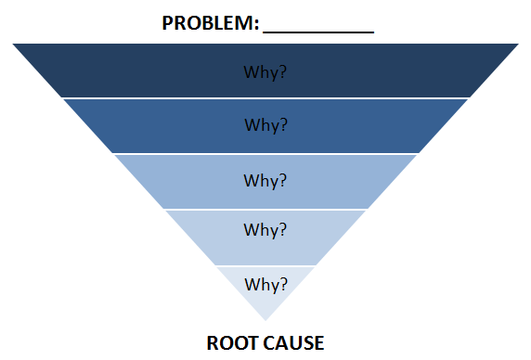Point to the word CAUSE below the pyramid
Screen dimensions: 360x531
tap(291, 343)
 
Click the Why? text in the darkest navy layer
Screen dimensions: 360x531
tap(265, 71)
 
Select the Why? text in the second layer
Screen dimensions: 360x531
tap(265, 124)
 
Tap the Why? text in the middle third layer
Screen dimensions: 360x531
tap(265, 180)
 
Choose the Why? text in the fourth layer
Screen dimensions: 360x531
tap(265, 229)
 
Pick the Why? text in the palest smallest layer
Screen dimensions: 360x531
tap(265, 283)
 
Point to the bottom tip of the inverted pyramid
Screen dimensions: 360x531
tap(265, 319)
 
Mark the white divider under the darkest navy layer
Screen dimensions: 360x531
tap(265, 97)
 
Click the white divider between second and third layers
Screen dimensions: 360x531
tap(265, 153)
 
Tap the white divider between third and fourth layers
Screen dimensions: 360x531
tap(265, 209)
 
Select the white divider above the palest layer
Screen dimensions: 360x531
tap(265, 264)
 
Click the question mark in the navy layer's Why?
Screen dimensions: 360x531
tap(282, 71)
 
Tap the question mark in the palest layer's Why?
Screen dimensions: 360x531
tap(283, 283)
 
